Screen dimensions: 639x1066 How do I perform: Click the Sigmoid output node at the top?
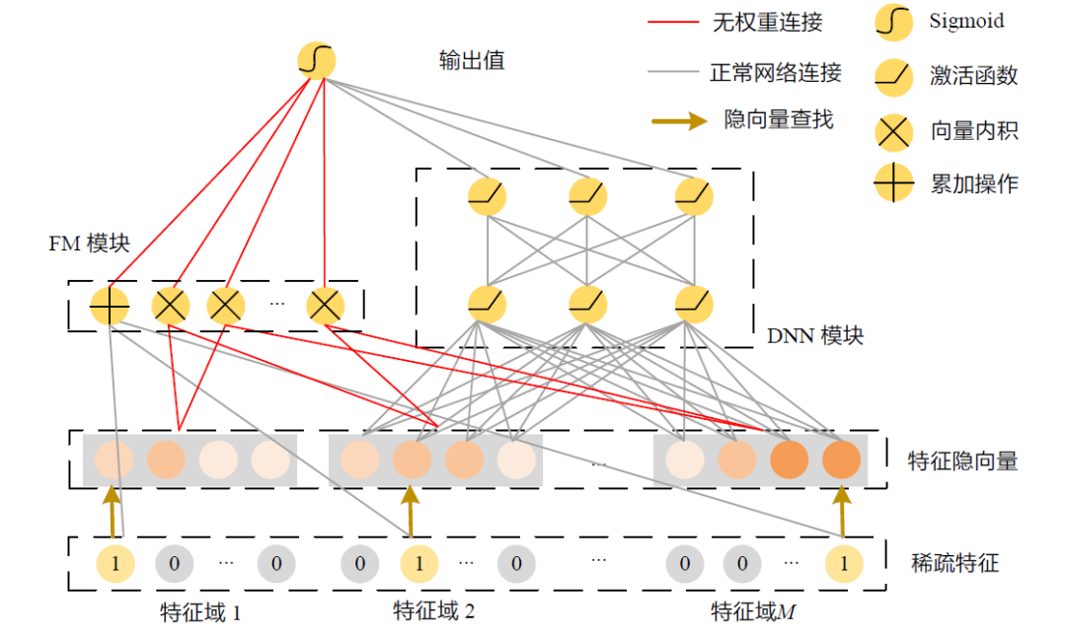(x=316, y=61)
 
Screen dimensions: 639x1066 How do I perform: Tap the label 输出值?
(x=472, y=60)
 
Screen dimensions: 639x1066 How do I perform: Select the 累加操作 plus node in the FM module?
(x=109, y=307)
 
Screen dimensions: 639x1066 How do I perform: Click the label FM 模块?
(x=90, y=244)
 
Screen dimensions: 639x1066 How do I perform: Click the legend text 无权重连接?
(x=767, y=22)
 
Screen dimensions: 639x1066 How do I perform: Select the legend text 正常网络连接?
(x=776, y=73)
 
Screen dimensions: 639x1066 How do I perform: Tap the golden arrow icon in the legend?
(x=679, y=120)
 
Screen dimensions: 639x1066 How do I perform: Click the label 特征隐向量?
(x=962, y=460)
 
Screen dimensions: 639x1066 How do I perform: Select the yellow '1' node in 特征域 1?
(x=114, y=564)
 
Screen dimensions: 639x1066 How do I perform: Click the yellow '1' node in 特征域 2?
(x=419, y=564)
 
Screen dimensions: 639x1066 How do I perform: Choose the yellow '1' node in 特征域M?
(x=843, y=564)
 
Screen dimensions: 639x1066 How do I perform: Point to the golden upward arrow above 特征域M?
(x=842, y=511)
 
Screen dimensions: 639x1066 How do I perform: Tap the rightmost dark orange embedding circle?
(x=841, y=460)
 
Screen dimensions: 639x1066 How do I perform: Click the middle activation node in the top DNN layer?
(x=587, y=196)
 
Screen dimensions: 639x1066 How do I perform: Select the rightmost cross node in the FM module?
(x=324, y=307)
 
